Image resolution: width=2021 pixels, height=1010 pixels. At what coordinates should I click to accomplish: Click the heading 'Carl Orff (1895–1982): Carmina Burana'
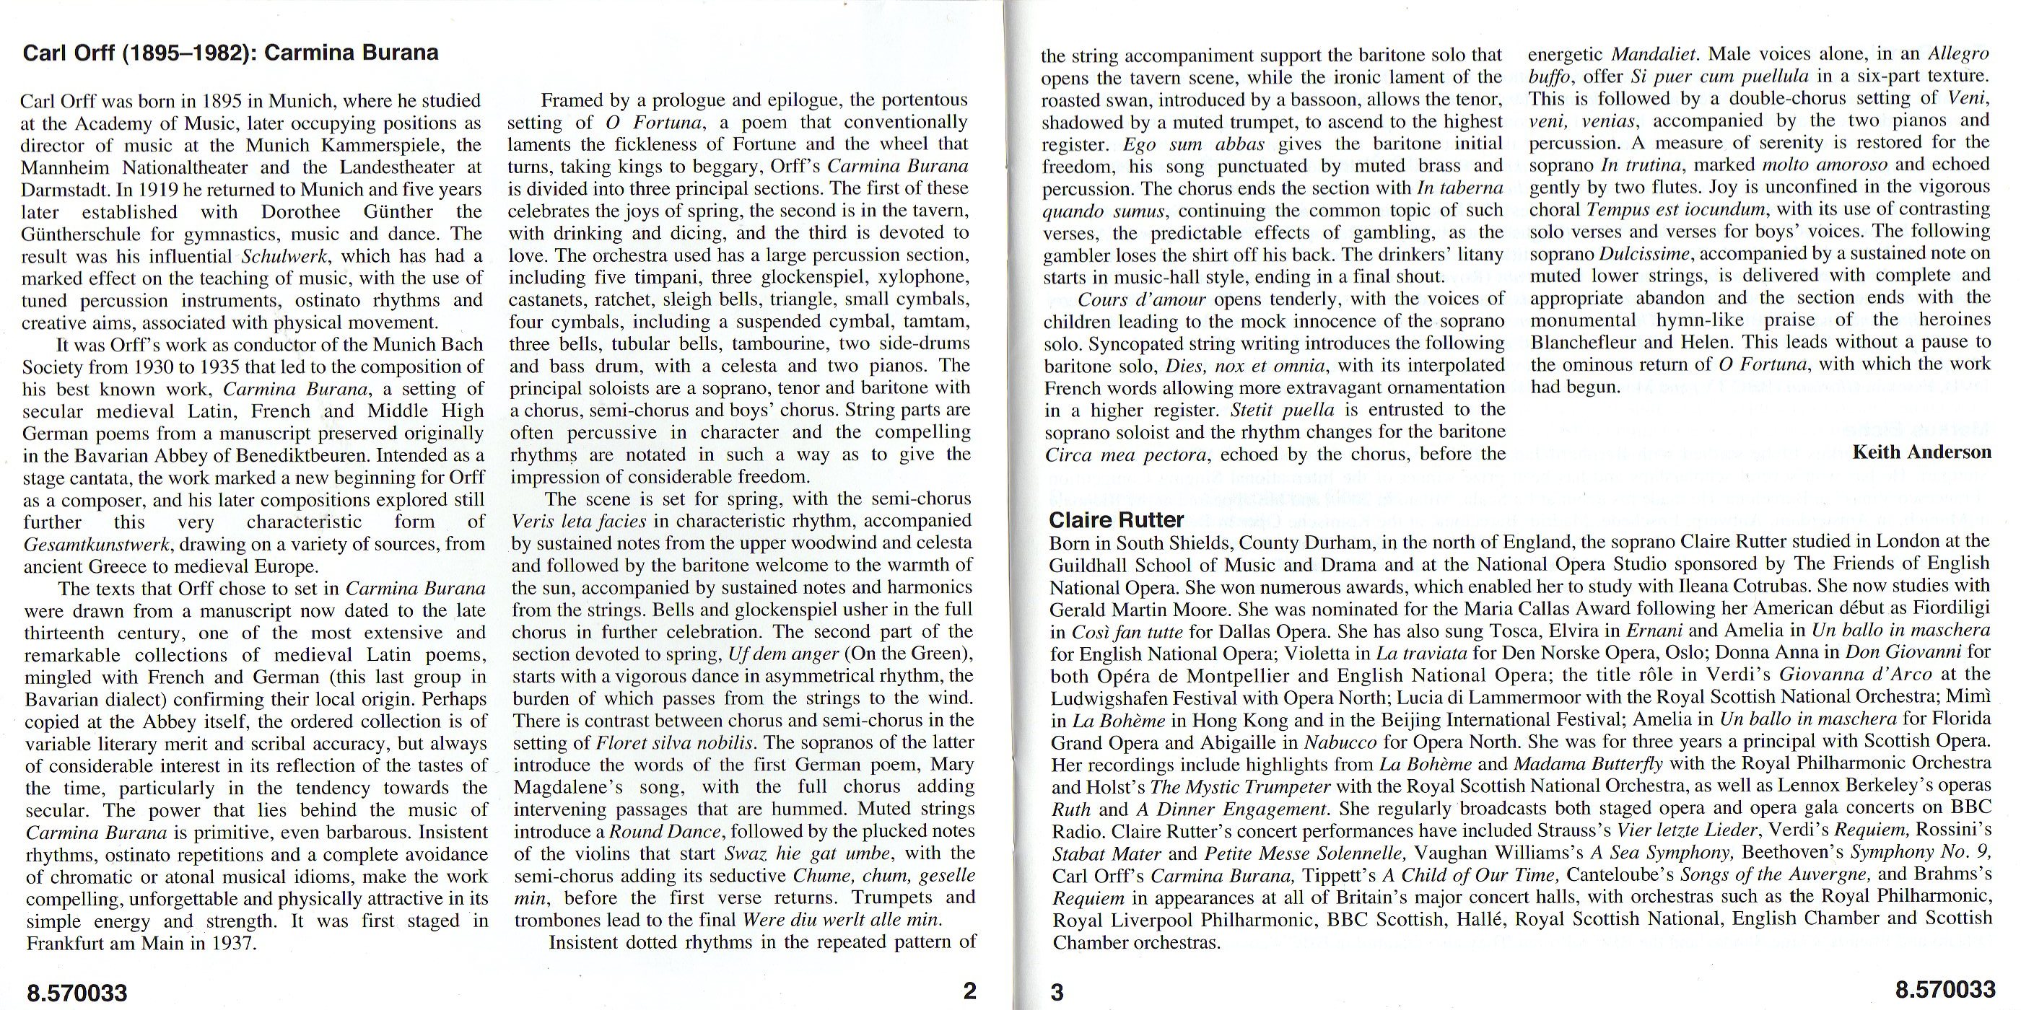click(231, 53)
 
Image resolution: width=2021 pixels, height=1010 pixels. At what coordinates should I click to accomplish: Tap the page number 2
click(969, 991)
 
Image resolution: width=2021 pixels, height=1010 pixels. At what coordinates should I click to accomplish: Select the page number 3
click(1057, 992)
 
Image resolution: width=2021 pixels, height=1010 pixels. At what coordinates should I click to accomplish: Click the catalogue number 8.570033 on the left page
click(77, 993)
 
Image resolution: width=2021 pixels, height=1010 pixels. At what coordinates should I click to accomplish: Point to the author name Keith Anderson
click(1921, 452)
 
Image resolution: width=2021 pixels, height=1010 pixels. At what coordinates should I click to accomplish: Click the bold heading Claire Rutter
click(1117, 520)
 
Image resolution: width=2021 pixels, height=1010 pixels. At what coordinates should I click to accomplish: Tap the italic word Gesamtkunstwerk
click(97, 544)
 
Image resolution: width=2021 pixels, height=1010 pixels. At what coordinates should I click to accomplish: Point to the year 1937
click(232, 944)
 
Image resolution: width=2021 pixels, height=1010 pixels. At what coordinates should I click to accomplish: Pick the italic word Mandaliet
click(1654, 55)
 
